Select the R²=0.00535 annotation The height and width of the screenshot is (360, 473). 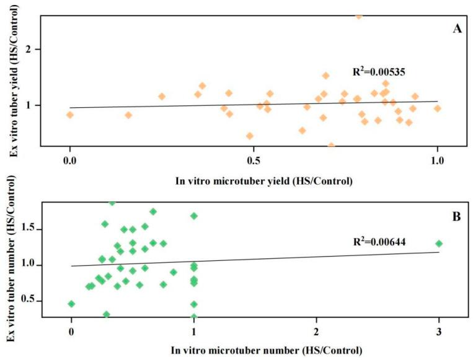click(x=379, y=72)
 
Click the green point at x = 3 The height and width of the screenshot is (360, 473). click(x=439, y=244)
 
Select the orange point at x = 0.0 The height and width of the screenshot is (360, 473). click(x=70, y=115)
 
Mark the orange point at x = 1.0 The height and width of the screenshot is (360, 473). click(x=438, y=108)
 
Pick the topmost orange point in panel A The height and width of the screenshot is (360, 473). click(x=358, y=16)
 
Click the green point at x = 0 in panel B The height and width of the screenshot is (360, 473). click(x=71, y=304)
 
